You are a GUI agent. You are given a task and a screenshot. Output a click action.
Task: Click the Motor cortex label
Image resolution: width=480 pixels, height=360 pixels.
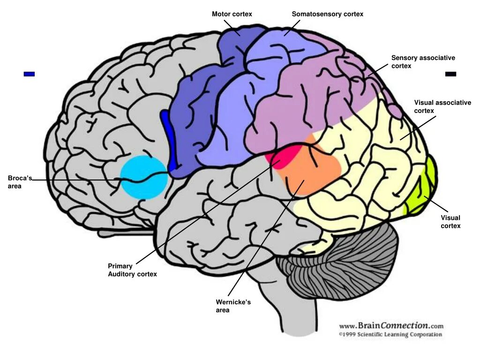click(x=232, y=14)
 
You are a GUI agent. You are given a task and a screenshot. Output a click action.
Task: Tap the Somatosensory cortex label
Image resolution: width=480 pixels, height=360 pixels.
click(x=327, y=14)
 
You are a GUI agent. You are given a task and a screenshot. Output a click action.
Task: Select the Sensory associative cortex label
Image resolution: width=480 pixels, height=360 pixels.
click(x=423, y=62)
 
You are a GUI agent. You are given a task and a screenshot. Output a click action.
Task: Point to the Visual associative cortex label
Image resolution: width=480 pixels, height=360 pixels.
click(x=442, y=106)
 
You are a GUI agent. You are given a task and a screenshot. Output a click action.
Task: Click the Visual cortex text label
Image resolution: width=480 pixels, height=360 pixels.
click(x=450, y=222)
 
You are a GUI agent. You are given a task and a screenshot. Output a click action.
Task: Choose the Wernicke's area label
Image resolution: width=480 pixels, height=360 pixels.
click(x=233, y=306)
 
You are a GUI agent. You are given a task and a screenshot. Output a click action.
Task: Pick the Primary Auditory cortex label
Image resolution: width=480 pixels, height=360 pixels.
click(x=132, y=270)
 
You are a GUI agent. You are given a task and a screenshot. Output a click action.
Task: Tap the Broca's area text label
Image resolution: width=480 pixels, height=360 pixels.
click(x=20, y=182)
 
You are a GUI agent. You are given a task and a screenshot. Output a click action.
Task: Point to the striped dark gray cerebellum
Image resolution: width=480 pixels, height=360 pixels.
click(x=342, y=267)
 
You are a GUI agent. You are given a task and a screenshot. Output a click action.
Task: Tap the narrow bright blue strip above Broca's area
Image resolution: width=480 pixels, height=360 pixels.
click(x=168, y=138)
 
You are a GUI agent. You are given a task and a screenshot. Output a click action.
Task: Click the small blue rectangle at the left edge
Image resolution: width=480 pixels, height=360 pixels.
click(x=29, y=74)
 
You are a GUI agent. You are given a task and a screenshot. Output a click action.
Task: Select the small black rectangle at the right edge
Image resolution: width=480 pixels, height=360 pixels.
click(x=450, y=74)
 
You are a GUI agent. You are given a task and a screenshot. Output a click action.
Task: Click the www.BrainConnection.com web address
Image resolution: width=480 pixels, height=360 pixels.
click(x=390, y=325)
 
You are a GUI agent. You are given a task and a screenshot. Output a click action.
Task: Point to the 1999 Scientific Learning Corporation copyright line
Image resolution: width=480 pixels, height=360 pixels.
click(x=390, y=335)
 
